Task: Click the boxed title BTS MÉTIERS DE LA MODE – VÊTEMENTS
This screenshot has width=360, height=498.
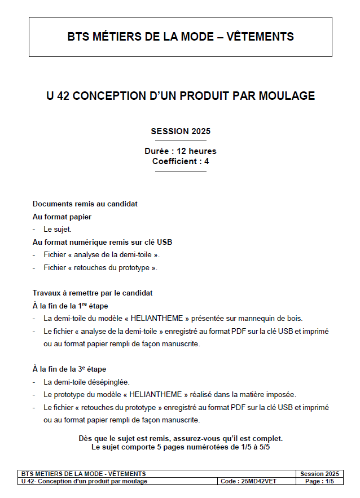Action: (181, 37)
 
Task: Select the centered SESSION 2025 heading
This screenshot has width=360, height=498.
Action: (181, 131)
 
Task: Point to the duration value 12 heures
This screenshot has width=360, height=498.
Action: (196, 151)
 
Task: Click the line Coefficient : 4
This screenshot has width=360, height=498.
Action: (181, 161)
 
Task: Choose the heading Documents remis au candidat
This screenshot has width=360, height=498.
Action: (85, 204)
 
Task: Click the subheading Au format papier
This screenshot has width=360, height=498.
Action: (62, 217)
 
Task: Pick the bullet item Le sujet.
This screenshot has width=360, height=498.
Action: (58, 230)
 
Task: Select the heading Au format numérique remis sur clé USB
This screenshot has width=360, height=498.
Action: (102, 242)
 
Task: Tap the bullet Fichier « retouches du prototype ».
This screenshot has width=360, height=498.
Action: (100, 267)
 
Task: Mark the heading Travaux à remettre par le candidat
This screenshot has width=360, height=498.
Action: (93, 293)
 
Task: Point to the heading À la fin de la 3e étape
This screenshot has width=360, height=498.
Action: (69, 369)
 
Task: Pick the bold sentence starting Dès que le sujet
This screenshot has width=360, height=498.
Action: (181, 438)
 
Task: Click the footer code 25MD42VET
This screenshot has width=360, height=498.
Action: (258, 481)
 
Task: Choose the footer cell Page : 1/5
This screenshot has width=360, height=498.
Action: (319, 481)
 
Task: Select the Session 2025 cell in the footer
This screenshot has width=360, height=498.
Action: (319, 474)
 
